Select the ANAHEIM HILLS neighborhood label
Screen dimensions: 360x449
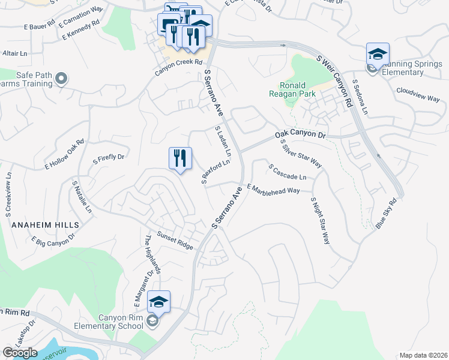(45, 224)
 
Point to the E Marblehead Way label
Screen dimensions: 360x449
(273, 190)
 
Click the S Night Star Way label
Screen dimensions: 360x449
(321, 220)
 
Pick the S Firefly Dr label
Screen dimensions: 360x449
(108, 159)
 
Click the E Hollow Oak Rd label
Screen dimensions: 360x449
(64, 154)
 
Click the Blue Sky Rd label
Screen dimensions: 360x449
(387, 212)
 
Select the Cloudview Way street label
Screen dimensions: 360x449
(418, 95)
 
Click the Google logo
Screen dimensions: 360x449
(20, 353)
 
